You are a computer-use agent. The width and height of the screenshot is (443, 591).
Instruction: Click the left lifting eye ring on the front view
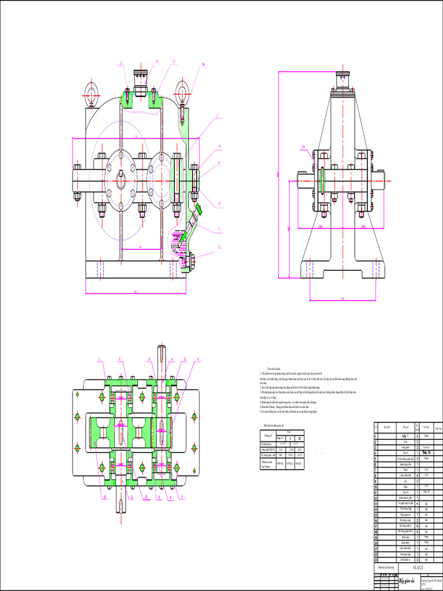click(x=91, y=92)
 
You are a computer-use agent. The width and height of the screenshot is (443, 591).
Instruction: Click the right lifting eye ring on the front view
click(x=183, y=92)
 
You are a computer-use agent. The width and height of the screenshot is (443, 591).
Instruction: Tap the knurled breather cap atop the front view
click(x=141, y=74)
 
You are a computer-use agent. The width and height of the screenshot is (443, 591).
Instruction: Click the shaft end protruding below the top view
click(x=122, y=505)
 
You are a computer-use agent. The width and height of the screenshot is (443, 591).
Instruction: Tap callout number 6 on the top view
click(x=198, y=359)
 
